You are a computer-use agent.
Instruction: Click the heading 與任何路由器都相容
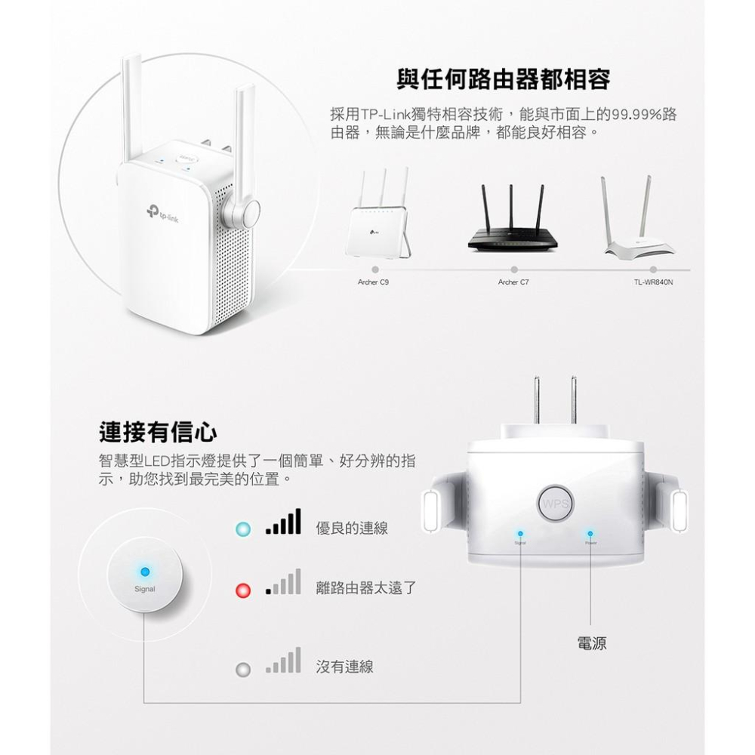pyautogui.click(x=503, y=78)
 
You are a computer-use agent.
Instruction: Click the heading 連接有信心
pyautogui.click(x=159, y=432)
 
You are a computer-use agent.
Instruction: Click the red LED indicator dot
pyautogui.click(x=242, y=589)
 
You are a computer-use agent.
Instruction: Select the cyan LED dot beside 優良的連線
pyautogui.click(x=242, y=528)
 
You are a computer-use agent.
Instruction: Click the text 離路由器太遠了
pyautogui.click(x=365, y=588)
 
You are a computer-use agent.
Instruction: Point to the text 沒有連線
pyautogui.click(x=344, y=667)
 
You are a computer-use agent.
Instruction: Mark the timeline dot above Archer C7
pyautogui.click(x=514, y=269)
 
